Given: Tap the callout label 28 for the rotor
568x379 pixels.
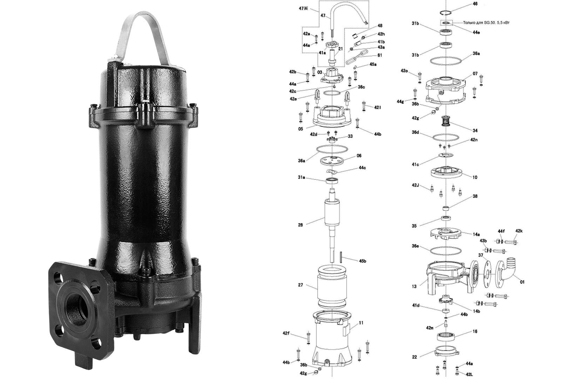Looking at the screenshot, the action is pos(300,225).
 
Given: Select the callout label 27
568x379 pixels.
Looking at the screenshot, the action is pos(300,285).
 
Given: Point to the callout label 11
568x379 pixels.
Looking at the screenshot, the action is pos(361,323).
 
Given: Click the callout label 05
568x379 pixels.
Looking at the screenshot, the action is pos(300,129).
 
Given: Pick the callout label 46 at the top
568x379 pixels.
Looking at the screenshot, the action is pos(475,4).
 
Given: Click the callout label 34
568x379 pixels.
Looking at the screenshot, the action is pos(475,131).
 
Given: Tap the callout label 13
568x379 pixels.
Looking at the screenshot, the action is pos(414,287).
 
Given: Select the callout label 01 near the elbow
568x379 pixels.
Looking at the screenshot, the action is pos(522,282).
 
